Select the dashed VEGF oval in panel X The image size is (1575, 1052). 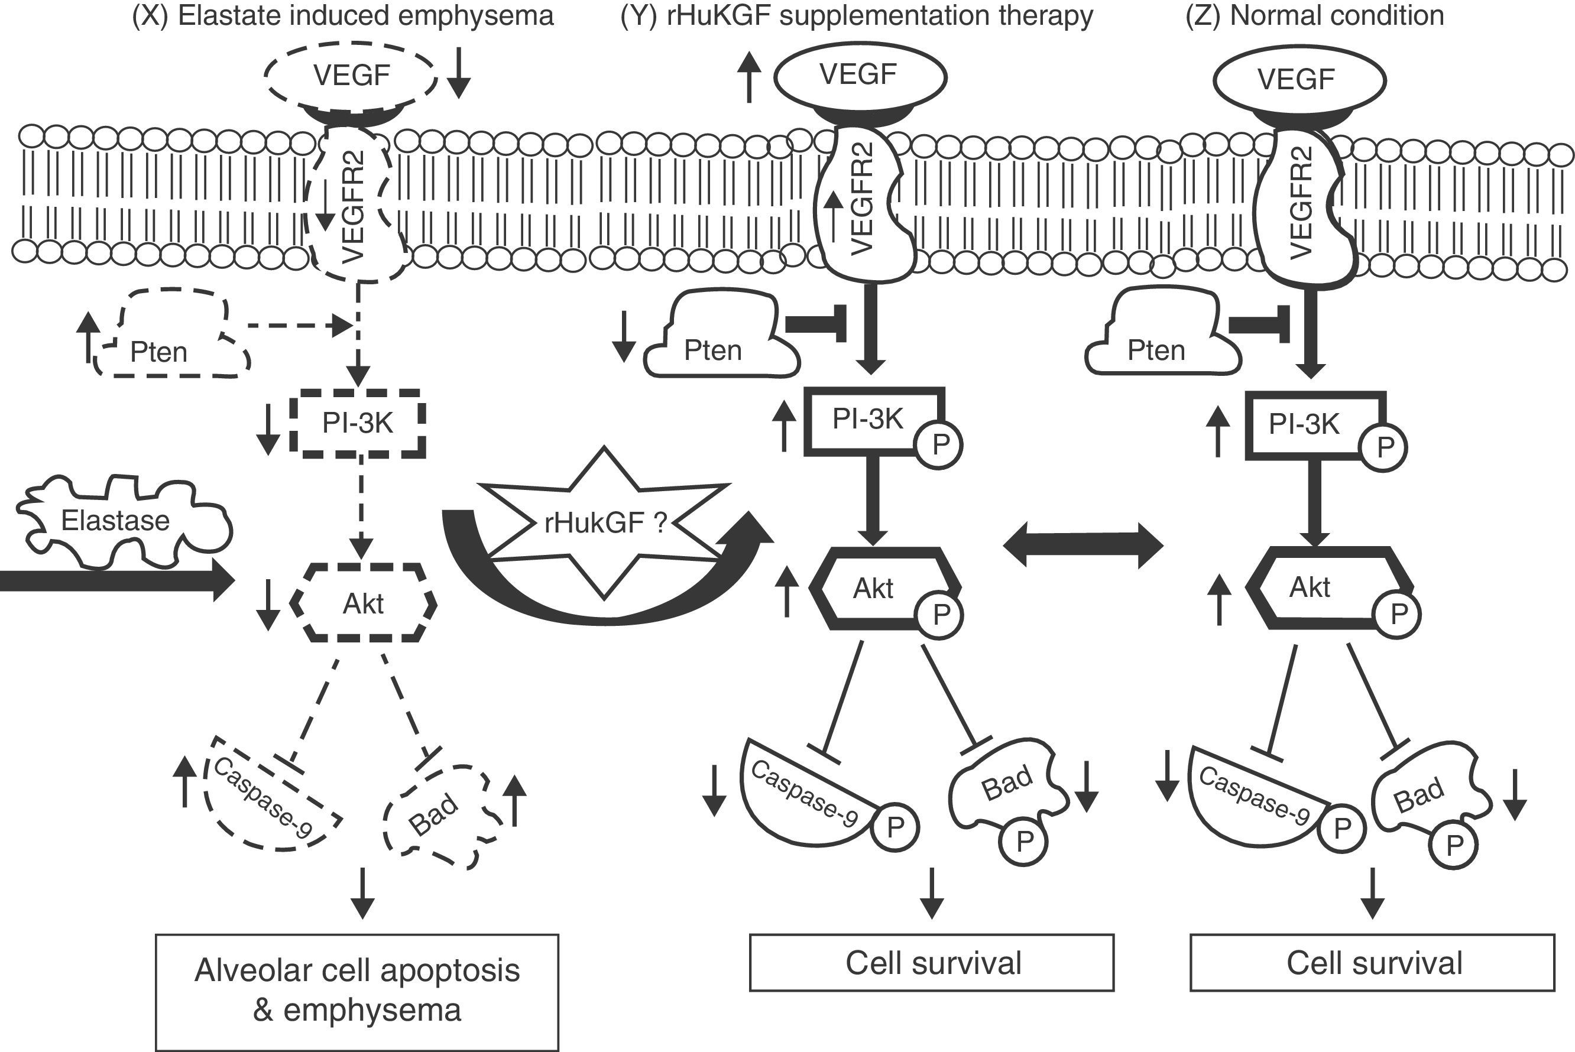pos(351,75)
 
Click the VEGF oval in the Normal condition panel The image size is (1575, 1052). pos(1299,80)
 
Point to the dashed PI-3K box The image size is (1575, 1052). pos(358,423)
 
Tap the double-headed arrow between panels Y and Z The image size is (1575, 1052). pos(1083,546)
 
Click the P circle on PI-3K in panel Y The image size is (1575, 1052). pos(940,444)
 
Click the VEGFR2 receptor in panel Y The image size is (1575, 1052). pos(864,202)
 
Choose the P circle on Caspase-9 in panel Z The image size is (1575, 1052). pos(1341,829)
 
